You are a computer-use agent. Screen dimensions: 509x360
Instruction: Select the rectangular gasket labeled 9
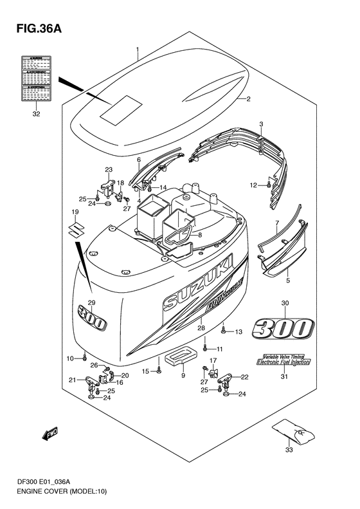click(183, 357)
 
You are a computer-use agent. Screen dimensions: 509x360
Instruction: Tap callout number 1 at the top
click(137, 49)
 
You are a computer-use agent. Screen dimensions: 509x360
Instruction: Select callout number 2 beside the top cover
click(248, 99)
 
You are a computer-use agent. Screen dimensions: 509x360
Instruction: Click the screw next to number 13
click(223, 332)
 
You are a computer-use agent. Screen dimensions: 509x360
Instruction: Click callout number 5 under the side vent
click(287, 281)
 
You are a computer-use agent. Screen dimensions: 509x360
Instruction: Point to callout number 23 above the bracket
click(109, 171)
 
